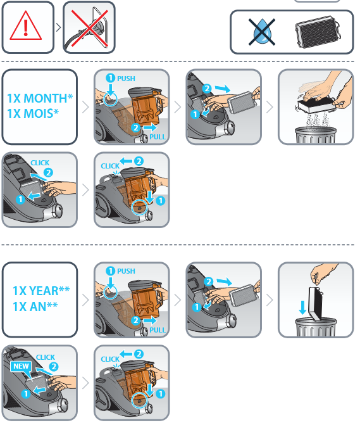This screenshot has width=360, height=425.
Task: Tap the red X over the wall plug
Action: tap(90, 28)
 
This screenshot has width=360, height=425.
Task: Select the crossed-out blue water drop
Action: tap(262, 32)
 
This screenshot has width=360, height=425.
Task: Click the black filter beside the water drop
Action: tap(318, 32)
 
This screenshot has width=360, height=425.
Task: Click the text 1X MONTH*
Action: tap(40, 98)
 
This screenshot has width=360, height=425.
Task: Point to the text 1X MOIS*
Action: tap(33, 113)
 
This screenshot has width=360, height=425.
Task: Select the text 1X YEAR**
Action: tap(41, 291)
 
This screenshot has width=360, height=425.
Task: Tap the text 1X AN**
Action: tap(35, 307)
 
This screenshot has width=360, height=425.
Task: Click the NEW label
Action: tap(21, 366)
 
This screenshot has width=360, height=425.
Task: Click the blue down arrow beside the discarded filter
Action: tap(302, 307)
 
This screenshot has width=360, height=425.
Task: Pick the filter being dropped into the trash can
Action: tap(316, 303)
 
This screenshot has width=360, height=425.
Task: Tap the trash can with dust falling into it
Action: tap(316, 135)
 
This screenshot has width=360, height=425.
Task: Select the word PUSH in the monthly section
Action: tap(126, 79)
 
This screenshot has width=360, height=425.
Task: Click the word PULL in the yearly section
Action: tap(158, 330)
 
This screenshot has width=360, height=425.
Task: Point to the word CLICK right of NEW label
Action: tap(46, 357)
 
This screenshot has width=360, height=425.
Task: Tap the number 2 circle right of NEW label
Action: tap(54, 367)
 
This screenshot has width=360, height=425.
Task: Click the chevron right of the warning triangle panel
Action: tap(58, 27)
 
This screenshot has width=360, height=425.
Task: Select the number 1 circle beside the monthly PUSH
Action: tap(111, 78)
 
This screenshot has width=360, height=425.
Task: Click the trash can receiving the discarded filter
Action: tap(316, 327)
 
